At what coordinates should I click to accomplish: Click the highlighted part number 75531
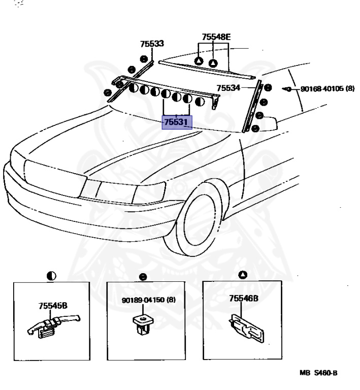pos(177,122)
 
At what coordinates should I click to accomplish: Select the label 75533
pos(152,44)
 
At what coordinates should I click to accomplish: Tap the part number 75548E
pos(216,37)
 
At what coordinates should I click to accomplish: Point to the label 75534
pos(228,88)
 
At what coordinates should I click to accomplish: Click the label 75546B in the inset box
pos(244,299)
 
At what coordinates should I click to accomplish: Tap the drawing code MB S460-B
pos(318,373)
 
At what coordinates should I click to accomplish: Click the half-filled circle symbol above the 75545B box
pos(51,276)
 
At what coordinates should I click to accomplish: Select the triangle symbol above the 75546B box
pos(243,275)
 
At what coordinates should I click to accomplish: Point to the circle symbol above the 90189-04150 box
pos(143,277)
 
